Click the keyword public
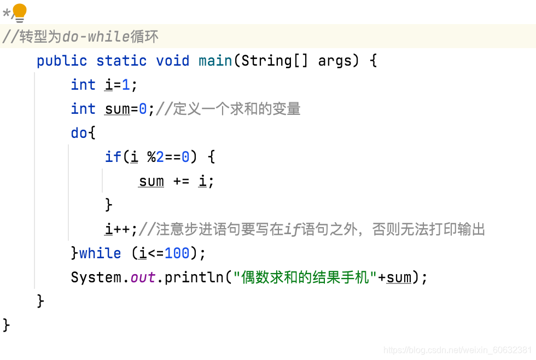[62, 61]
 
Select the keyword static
[121, 61]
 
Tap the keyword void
[172, 61]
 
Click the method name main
[215, 61]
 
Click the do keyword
[79, 133]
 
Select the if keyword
[113, 157]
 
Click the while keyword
[100, 253]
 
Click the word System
[96, 277]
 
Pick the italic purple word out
[143, 277]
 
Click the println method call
[194, 277]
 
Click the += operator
[181, 181]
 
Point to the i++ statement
[121, 229]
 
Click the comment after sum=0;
[228, 109]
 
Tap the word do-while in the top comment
[96, 37]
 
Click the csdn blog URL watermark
[457, 350]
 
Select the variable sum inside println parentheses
[399, 277]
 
